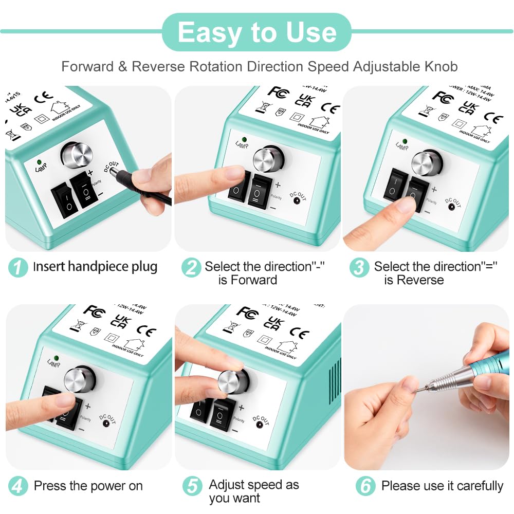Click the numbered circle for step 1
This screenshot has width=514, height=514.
click(x=18, y=267)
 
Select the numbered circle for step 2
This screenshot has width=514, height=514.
click(x=191, y=267)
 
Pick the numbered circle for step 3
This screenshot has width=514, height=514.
click(x=359, y=267)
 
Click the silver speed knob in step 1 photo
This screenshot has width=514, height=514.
click(x=78, y=155)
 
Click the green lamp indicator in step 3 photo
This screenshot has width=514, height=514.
click(x=405, y=141)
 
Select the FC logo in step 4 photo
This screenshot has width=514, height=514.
click(x=94, y=311)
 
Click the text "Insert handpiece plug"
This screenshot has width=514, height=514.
click(x=95, y=267)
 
